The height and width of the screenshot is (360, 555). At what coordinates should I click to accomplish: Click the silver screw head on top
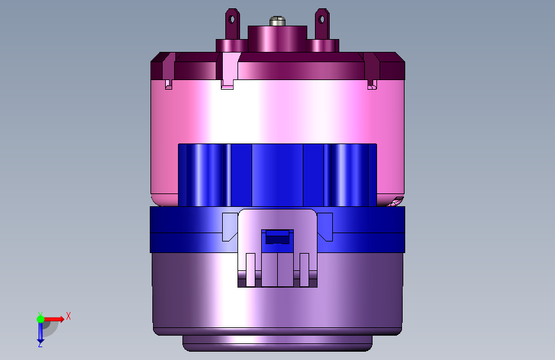pyautogui.click(x=278, y=21)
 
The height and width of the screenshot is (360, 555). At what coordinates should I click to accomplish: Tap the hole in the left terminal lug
pyautogui.click(x=232, y=19)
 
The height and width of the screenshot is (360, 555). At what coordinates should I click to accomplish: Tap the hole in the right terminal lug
pyautogui.click(x=322, y=19)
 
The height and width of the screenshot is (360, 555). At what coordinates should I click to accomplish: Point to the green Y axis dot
pyautogui.click(x=41, y=319)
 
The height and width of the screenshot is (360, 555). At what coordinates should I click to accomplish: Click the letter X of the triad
pyautogui.click(x=68, y=316)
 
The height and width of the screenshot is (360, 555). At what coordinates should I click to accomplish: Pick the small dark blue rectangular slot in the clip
pyautogui.click(x=278, y=237)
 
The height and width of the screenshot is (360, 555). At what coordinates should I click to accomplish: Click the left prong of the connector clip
pyautogui.click(x=250, y=270)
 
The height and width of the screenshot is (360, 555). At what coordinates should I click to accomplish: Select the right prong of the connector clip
pyautogui.click(x=305, y=270)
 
